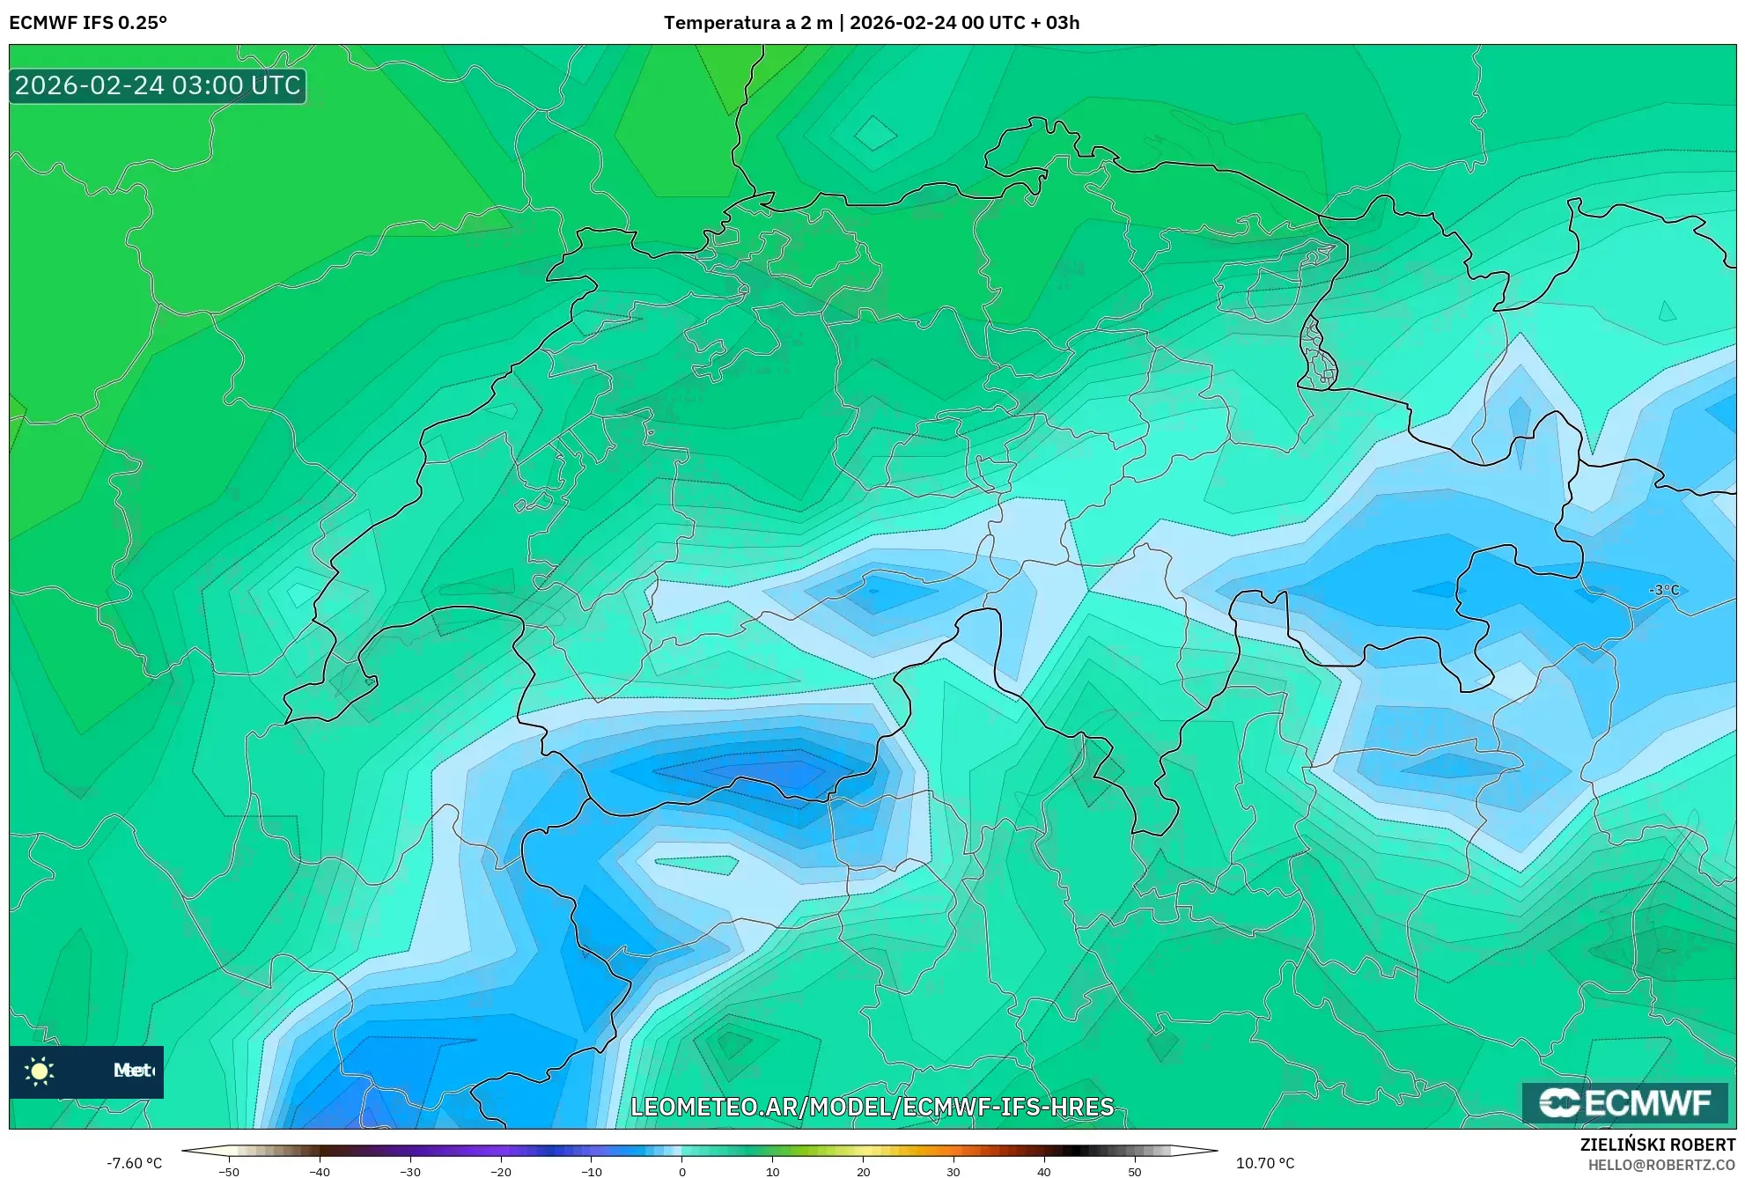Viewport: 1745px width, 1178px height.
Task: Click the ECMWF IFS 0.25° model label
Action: (x=88, y=23)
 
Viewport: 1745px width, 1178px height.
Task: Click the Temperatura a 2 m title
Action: (x=747, y=23)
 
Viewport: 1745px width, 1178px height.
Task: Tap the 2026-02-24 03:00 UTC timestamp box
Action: (x=158, y=85)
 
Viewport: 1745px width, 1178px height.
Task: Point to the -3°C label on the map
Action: (x=1663, y=590)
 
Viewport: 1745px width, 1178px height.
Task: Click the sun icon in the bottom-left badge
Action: (x=40, y=1071)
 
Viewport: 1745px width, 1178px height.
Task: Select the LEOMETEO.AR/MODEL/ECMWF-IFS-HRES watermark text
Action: (x=872, y=1107)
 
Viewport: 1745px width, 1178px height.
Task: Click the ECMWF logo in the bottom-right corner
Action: (x=1624, y=1102)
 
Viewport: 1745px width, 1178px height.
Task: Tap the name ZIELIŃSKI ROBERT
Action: (x=1658, y=1145)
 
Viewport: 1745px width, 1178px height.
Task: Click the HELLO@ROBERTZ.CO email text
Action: (x=1661, y=1165)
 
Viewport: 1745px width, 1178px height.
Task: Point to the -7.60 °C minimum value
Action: (x=135, y=1163)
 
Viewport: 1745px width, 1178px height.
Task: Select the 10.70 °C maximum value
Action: (x=1265, y=1163)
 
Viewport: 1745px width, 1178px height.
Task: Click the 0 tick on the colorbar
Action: (x=682, y=1172)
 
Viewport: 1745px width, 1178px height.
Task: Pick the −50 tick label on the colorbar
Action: (x=229, y=1172)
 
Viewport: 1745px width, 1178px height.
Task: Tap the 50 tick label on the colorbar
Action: (x=1135, y=1172)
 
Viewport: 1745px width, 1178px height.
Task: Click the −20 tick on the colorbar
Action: (x=500, y=1172)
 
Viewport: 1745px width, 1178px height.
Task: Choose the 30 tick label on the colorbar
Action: (x=953, y=1172)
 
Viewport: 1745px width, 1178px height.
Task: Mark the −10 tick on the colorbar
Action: (x=591, y=1172)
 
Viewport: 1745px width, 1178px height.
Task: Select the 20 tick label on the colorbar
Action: (x=863, y=1172)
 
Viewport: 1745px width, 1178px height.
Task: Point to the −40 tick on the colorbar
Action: (x=320, y=1172)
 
